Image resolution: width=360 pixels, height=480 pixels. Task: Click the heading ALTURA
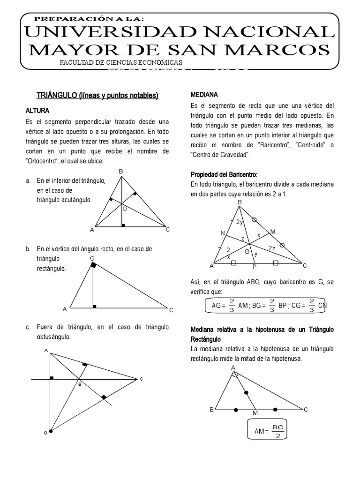point(37,111)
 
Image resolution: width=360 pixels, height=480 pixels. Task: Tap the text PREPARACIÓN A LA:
point(90,18)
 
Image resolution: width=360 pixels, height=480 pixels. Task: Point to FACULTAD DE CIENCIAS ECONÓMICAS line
point(121,63)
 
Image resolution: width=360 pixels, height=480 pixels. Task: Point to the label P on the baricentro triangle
point(255,268)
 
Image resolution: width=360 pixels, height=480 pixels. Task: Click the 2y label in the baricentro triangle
point(239,222)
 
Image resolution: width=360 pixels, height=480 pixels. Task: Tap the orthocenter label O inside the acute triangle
point(125,210)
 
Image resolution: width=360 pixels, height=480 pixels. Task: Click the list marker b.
point(29,249)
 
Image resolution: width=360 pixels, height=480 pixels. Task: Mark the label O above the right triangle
point(92,258)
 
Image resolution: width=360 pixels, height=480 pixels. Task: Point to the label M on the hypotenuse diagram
point(255,412)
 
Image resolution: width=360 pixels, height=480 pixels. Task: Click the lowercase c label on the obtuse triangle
point(141,379)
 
